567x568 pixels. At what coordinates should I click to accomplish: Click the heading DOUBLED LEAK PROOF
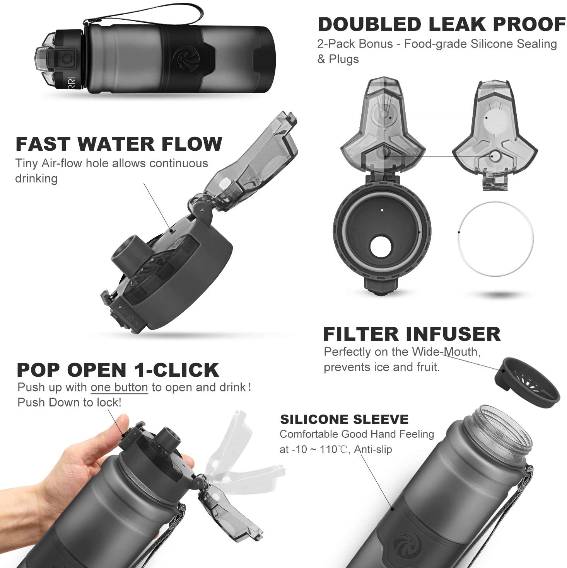click(441, 25)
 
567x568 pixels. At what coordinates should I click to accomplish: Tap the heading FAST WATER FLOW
click(119, 145)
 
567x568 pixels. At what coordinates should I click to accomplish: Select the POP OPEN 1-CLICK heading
click(118, 370)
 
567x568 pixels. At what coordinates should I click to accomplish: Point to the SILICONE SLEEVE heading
click(344, 420)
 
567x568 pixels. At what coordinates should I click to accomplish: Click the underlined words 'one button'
click(119, 388)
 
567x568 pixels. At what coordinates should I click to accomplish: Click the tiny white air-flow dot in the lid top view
click(382, 211)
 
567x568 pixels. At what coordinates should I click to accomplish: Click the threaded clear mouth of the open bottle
click(502, 429)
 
